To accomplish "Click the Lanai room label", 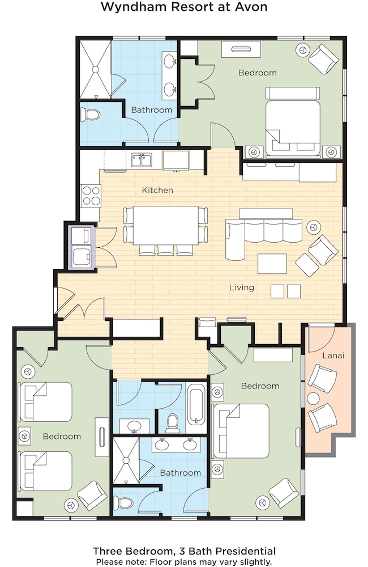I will [333, 356].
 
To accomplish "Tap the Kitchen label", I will [157, 190].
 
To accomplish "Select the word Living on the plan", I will [242, 287].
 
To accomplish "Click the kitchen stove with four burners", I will [91, 195].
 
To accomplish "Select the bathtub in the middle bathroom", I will [196, 405].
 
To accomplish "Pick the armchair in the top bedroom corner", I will [324, 55].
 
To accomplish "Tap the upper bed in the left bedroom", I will [45, 402].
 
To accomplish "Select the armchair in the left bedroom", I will [92, 493].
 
